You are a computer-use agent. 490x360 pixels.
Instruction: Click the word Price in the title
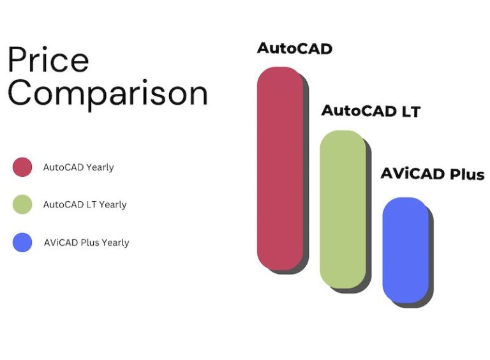coord(48,61)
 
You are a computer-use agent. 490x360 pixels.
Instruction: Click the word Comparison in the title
coord(108,94)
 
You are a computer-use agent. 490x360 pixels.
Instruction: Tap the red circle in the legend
coord(22,167)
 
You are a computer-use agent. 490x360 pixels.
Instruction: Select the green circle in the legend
coord(22,204)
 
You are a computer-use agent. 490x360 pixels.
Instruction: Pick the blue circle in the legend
coord(22,243)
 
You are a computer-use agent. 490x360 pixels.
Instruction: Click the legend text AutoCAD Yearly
coord(78,167)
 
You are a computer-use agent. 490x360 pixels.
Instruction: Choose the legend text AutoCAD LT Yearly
coord(85,205)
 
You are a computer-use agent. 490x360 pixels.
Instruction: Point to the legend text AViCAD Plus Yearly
coord(86,243)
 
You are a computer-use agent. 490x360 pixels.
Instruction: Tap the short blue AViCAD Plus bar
coord(405,250)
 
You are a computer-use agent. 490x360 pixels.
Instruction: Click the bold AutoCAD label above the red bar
coord(294,49)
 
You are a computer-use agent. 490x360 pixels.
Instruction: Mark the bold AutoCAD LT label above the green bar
coord(371,111)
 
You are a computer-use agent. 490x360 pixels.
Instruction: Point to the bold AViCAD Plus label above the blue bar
coord(433,174)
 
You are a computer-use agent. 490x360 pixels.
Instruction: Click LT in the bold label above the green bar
coord(410,111)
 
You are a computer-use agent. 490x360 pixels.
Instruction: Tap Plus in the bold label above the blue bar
coord(467,174)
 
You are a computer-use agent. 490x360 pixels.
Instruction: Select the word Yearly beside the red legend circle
coord(100,167)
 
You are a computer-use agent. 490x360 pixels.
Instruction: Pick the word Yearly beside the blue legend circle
coord(115,243)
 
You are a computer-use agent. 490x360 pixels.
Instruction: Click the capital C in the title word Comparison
coord(20,94)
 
